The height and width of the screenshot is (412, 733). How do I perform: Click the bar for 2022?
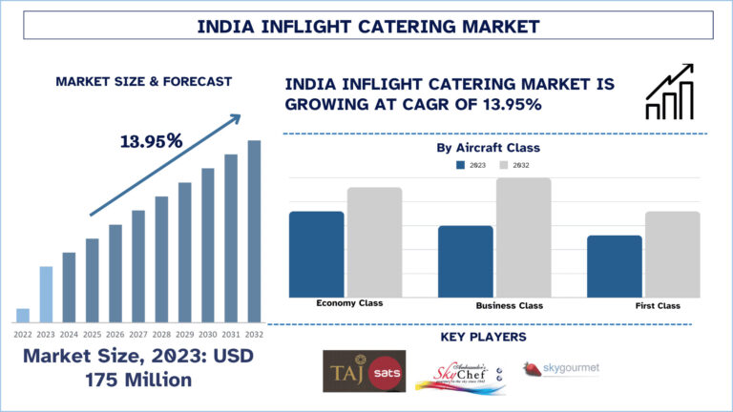23,315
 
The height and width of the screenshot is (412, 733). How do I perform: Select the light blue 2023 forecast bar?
46,294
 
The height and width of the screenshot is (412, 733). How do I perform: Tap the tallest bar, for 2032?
254,231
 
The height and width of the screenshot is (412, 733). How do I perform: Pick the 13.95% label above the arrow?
152,141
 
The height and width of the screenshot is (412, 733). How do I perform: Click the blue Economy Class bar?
316,254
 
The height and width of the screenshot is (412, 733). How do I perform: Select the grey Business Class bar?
524,237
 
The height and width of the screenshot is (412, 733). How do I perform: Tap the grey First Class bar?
673,254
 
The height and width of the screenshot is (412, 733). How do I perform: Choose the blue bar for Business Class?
466,260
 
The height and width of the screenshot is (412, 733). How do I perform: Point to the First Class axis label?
658,305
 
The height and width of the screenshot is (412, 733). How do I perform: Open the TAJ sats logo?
364,371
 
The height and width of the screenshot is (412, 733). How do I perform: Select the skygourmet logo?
561,368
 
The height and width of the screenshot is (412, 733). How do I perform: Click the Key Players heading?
483,337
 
